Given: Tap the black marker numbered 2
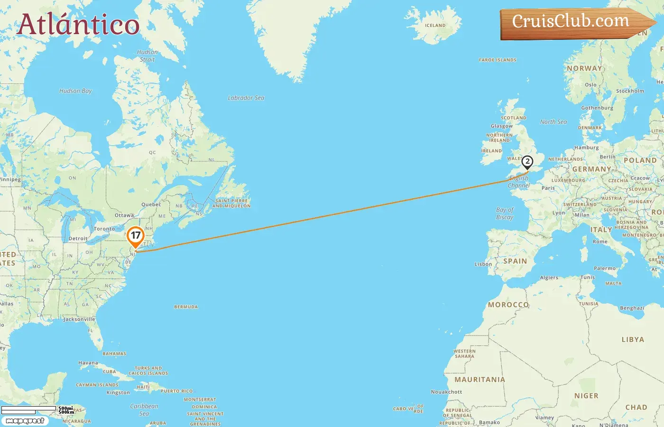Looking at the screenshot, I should [527, 162].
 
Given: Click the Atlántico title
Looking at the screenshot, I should [78, 25].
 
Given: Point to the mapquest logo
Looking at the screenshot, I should [25, 421].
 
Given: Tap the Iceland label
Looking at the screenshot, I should [435, 26].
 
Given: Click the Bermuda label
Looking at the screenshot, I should [186, 307].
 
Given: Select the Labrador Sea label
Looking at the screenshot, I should [246, 98].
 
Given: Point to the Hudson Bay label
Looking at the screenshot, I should [75, 91].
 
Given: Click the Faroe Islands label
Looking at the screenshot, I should [498, 60].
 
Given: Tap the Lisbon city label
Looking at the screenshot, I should [483, 264].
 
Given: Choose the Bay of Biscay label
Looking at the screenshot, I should [505, 213].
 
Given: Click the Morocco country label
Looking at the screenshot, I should [508, 305].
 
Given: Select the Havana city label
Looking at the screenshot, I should [88, 363].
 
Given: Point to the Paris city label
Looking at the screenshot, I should [548, 188].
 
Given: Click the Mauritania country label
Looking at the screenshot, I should [480, 380].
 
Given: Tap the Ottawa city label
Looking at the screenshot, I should [124, 215].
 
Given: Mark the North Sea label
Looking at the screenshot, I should [553, 122].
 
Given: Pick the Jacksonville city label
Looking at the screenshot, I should [79, 319].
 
